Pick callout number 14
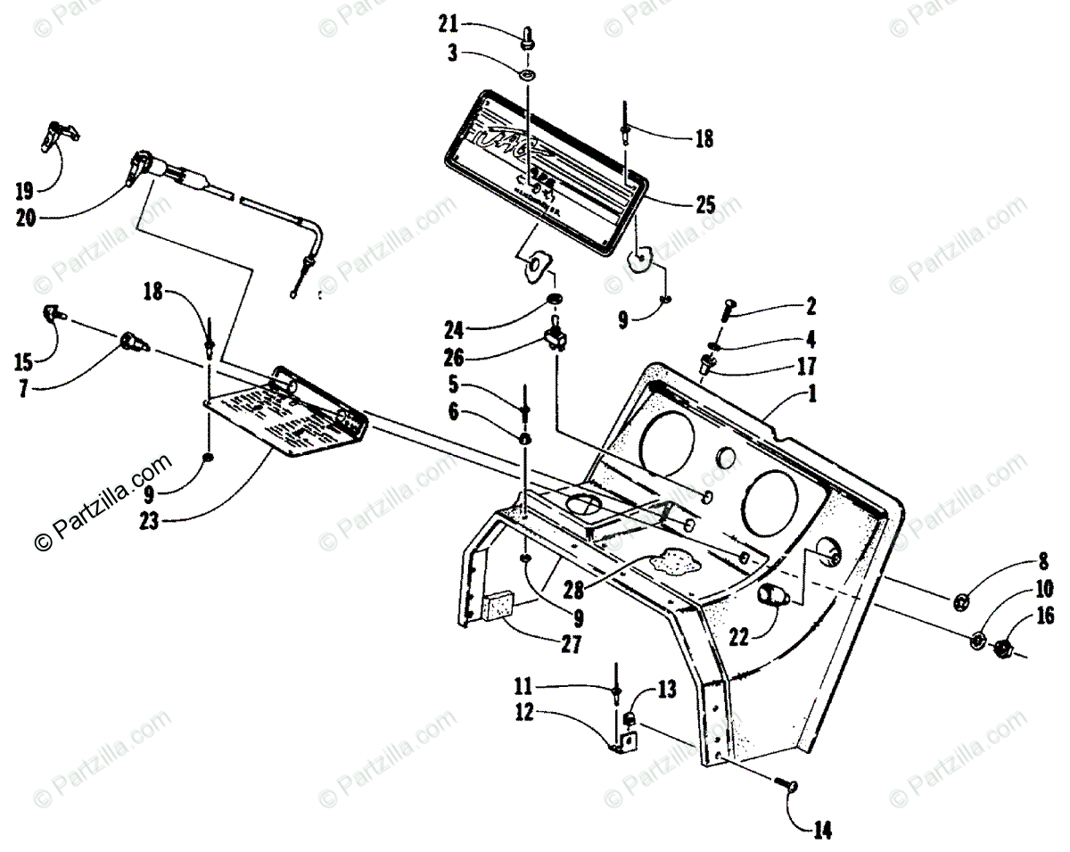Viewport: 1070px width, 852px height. (x=821, y=831)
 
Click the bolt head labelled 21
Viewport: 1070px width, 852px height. (x=528, y=37)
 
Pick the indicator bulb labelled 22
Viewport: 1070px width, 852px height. (x=770, y=595)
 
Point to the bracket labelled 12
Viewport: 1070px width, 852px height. (x=628, y=740)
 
